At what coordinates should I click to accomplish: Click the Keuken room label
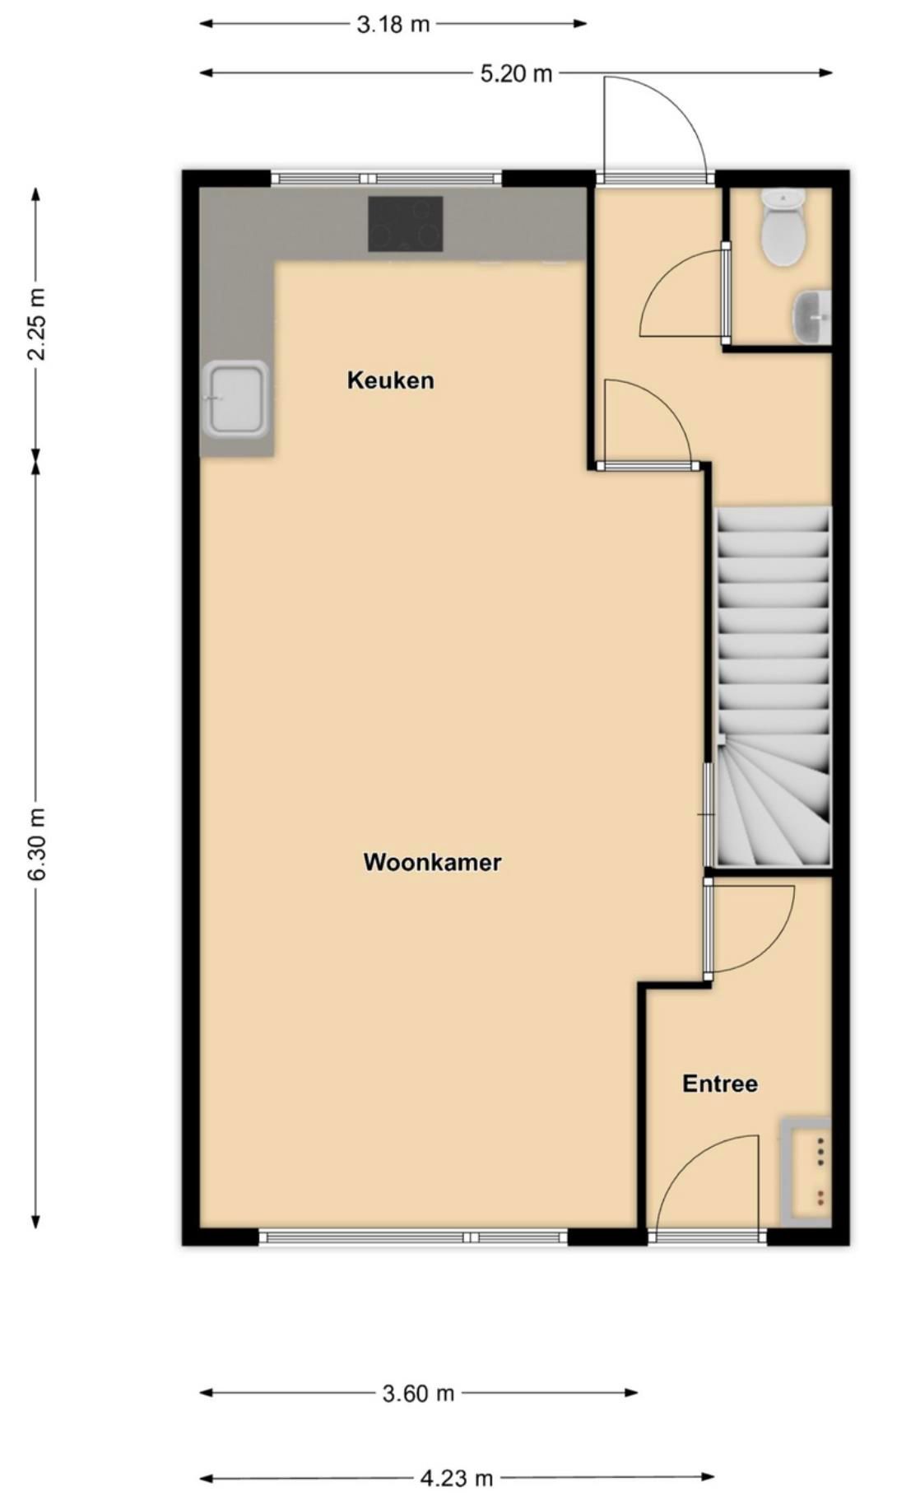pos(390,380)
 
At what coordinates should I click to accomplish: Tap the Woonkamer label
pos(432,862)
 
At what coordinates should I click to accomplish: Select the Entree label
pos(720,1083)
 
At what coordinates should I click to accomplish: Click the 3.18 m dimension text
pos(393,24)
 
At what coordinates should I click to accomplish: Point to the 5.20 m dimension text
pos(516,73)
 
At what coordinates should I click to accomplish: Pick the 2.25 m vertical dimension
pos(37,324)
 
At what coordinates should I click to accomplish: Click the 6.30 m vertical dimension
pos(37,844)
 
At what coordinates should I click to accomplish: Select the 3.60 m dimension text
pos(418,1393)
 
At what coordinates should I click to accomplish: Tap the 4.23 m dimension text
pos(457,1478)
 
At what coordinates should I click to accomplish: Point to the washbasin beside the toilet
pos(813,316)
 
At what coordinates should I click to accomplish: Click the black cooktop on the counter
pos(405,224)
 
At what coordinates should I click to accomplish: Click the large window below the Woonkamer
pos(413,1237)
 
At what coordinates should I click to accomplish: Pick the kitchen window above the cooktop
pos(386,178)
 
